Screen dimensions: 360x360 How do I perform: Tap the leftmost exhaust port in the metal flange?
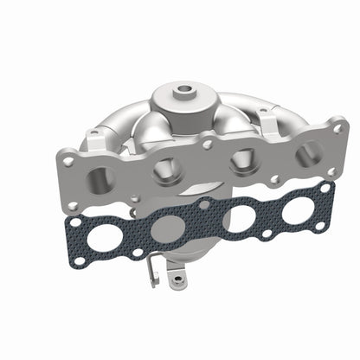coord(102,178)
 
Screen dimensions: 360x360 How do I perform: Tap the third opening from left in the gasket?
coord(237,217)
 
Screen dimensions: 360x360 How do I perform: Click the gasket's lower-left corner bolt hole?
coord(80,260)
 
